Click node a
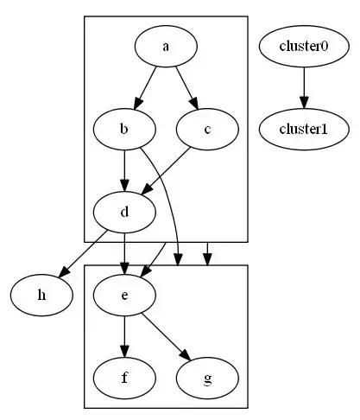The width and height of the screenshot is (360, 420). pyautogui.click(x=166, y=47)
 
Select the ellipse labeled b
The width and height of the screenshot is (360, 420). pyautogui.click(x=124, y=129)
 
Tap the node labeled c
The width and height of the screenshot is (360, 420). pyautogui.click(x=207, y=129)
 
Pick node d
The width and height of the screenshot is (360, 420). pyautogui.click(x=124, y=212)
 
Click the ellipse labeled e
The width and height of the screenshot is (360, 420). pyautogui.click(x=124, y=295)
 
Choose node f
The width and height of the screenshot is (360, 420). pyautogui.click(x=124, y=378)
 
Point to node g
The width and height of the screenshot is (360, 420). pyautogui.click(x=207, y=378)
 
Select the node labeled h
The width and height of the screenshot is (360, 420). pyautogui.click(x=41, y=295)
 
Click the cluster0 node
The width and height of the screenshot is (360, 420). pyautogui.click(x=304, y=47)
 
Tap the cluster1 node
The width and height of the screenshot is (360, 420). pyautogui.click(x=304, y=129)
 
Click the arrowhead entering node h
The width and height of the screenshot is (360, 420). pyautogui.click(x=64, y=272)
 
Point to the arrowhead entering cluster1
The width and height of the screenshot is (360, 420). pyautogui.click(x=304, y=103)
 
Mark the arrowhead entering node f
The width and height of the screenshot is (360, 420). pyautogui.click(x=124, y=352)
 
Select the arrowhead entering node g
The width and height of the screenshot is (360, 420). pyautogui.click(x=186, y=354)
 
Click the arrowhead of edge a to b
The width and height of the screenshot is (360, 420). pyautogui.click(x=138, y=104)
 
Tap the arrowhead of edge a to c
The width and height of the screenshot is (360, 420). pyautogui.click(x=194, y=104)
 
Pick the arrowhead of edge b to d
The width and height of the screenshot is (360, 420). pyautogui.click(x=124, y=186)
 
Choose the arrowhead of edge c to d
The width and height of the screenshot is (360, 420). pyautogui.click(x=147, y=188)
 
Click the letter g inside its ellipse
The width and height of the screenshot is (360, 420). pyautogui.click(x=207, y=379)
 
